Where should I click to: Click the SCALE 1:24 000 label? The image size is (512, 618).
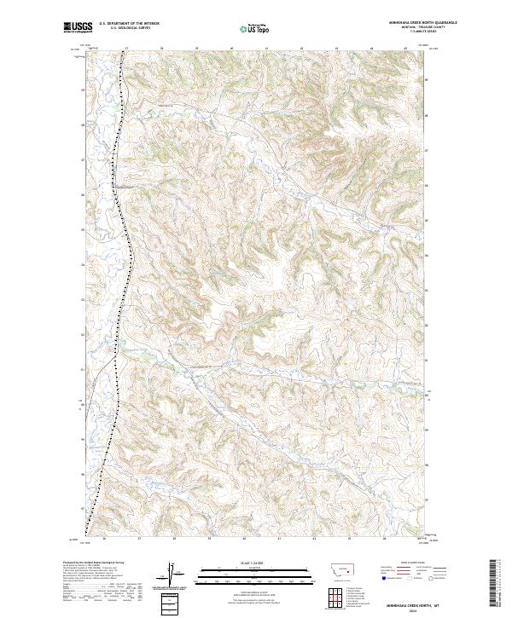tap(247, 563)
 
